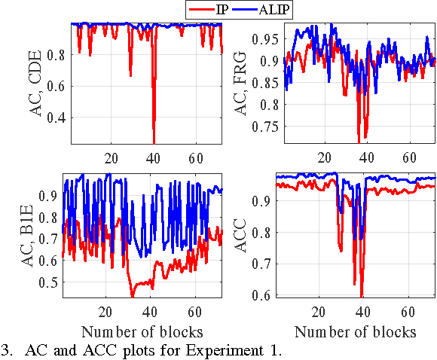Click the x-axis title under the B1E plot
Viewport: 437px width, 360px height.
(x=141, y=331)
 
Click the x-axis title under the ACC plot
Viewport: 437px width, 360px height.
(x=356, y=331)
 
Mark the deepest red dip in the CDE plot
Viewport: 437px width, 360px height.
(x=154, y=142)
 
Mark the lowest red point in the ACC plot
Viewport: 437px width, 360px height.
(x=362, y=297)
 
